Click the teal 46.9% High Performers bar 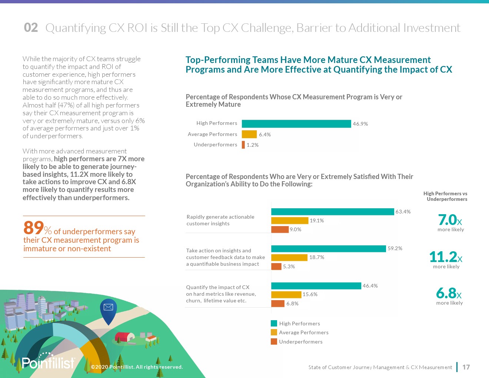pos(296,124)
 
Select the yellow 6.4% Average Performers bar pos(249,134)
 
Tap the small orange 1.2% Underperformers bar pos(243,145)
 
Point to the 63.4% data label pos(403,212)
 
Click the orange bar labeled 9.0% pos(280,229)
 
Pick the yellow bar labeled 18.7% pos(289,257)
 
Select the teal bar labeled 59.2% pos(329,248)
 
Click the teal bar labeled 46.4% pos(316,286)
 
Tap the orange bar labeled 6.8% pos(278,304)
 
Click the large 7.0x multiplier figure pos(450,220)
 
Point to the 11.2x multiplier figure pos(446,257)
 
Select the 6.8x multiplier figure pos(449,293)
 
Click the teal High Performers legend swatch pos(274,324)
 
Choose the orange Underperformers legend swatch pos(274,342)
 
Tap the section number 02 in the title pos(31,27)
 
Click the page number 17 pos(466,367)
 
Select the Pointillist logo pos(48,362)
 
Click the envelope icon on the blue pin pos(108,307)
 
